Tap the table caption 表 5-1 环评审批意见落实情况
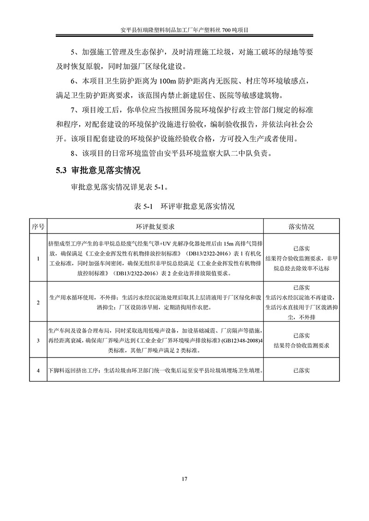click(184, 206)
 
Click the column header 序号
click(38, 227)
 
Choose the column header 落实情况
click(301, 227)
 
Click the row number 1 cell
click(38, 259)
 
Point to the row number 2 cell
click(38, 302)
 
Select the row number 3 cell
click(38, 341)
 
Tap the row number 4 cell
click(38, 370)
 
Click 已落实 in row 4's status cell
click(301, 370)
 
